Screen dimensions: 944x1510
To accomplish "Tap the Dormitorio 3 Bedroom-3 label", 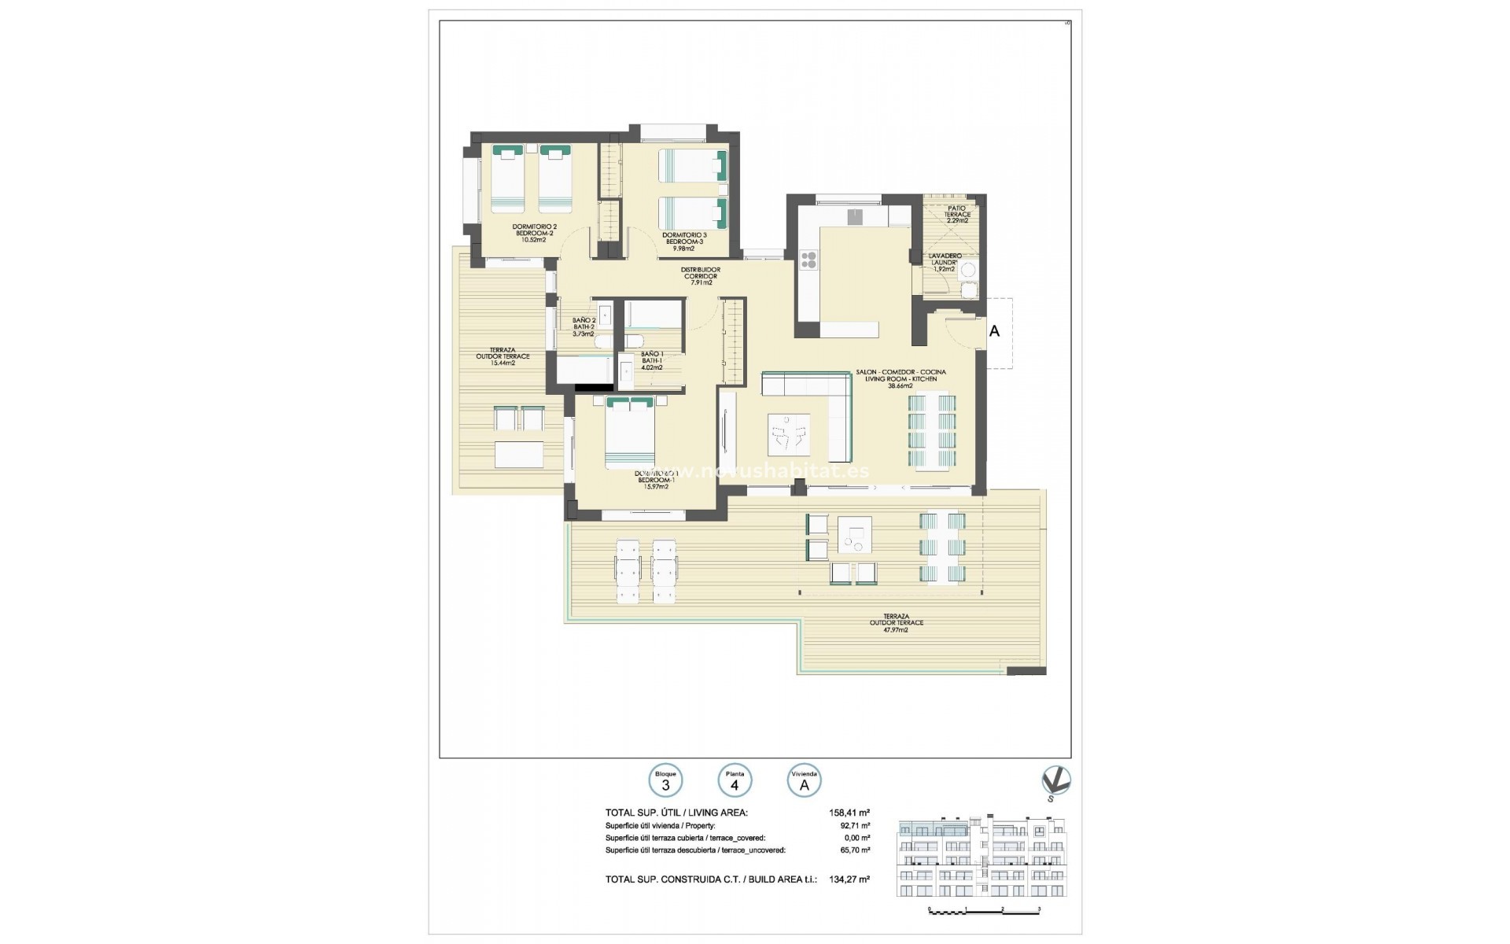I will (683, 241).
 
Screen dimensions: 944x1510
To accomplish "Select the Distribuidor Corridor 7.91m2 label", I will (700, 275).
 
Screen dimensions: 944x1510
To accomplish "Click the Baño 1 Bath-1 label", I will (652, 360).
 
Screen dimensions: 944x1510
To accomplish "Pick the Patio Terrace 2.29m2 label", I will (956, 214).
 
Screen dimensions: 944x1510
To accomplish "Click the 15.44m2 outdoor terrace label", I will (503, 356).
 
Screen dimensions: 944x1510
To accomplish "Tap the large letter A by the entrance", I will (994, 332).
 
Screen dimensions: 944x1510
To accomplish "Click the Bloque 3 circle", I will (665, 782).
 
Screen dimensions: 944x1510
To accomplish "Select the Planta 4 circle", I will (735, 782).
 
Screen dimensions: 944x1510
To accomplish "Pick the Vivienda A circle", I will (804, 782).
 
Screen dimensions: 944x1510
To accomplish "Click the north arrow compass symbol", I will (1055, 782).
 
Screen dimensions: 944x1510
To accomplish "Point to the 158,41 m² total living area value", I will (849, 813).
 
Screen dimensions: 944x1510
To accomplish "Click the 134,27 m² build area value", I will (849, 879).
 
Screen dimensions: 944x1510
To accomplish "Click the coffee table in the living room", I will (789, 433).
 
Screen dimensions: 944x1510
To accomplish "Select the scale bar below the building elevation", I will (985, 909).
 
